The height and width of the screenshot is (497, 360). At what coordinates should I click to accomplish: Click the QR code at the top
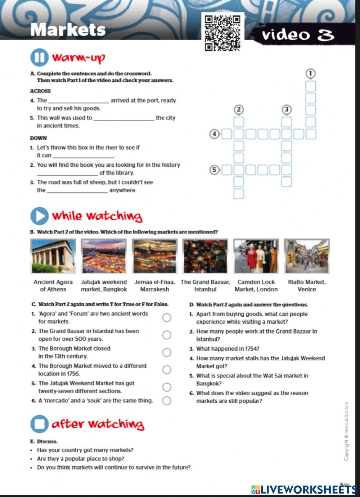pos(222,33)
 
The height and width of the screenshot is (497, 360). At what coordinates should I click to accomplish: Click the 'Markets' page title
pos(68,30)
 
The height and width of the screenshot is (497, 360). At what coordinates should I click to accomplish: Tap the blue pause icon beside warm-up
pos(39,58)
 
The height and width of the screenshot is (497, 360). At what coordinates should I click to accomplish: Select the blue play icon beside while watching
pos(39,216)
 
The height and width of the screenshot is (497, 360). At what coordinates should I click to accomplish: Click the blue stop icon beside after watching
pos(39,424)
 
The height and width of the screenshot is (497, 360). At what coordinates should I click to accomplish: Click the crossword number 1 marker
pos(310,74)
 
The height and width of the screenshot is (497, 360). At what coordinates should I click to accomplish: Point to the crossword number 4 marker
pos(215,134)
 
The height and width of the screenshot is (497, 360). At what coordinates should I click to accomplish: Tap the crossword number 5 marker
pos(214,170)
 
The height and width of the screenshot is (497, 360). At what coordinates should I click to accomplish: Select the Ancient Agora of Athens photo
pos(53,256)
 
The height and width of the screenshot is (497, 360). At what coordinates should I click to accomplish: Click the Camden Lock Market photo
pos(256,256)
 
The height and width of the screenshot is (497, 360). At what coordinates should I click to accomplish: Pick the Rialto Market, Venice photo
pos(307,256)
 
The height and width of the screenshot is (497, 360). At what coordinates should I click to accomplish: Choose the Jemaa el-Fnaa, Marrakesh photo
pos(154,256)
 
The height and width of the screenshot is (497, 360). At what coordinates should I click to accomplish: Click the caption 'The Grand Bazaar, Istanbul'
pos(205,286)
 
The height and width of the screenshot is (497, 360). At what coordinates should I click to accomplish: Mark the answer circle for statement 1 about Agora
pos(167,317)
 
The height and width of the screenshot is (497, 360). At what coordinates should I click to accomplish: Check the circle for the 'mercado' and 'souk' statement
pos(167,401)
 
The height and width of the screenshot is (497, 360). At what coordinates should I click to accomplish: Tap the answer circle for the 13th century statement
pos(167,352)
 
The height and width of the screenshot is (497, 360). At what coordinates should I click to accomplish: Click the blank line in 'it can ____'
pos(83,156)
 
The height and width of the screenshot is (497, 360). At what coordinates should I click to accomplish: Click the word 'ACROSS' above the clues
pos(40,91)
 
